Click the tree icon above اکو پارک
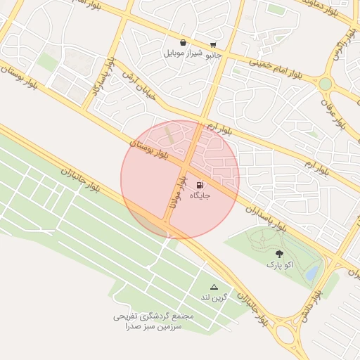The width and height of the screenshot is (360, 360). (x=280, y=254)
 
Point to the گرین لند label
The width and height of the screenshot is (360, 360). (x=214, y=297)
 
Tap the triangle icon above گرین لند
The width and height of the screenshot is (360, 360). (x=214, y=287)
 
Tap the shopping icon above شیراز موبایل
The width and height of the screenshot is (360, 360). (x=183, y=42)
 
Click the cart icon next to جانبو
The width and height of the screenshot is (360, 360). (x=213, y=44)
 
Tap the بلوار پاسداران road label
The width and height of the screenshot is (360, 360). (x=268, y=217)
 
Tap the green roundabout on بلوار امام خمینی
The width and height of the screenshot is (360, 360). (x=325, y=84)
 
